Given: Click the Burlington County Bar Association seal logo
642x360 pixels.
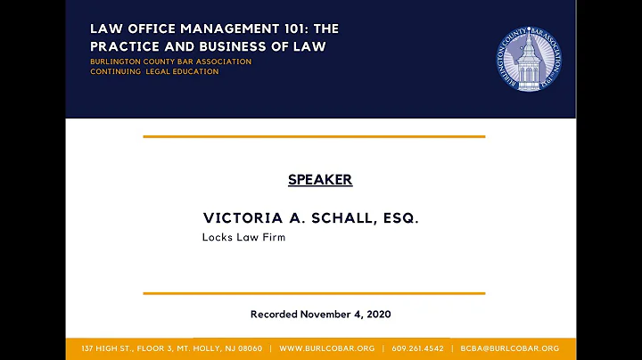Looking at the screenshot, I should (x=529, y=58).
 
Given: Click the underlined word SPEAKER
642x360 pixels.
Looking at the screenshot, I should (x=320, y=180).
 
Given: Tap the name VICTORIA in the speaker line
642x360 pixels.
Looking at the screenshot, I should (x=236, y=218).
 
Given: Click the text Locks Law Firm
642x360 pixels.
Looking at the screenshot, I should (x=243, y=238).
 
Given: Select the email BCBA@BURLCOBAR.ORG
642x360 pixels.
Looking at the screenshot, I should (x=510, y=348).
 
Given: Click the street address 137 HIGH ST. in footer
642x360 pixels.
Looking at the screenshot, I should (x=105, y=348).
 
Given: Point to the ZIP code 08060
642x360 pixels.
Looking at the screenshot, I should (x=247, y=348).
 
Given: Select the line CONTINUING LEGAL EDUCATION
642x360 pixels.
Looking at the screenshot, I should (x=154, y=72).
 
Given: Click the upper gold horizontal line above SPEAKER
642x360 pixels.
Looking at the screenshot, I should (x=314, y=136).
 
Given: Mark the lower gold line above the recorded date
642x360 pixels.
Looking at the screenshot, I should (x=314, y=293).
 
